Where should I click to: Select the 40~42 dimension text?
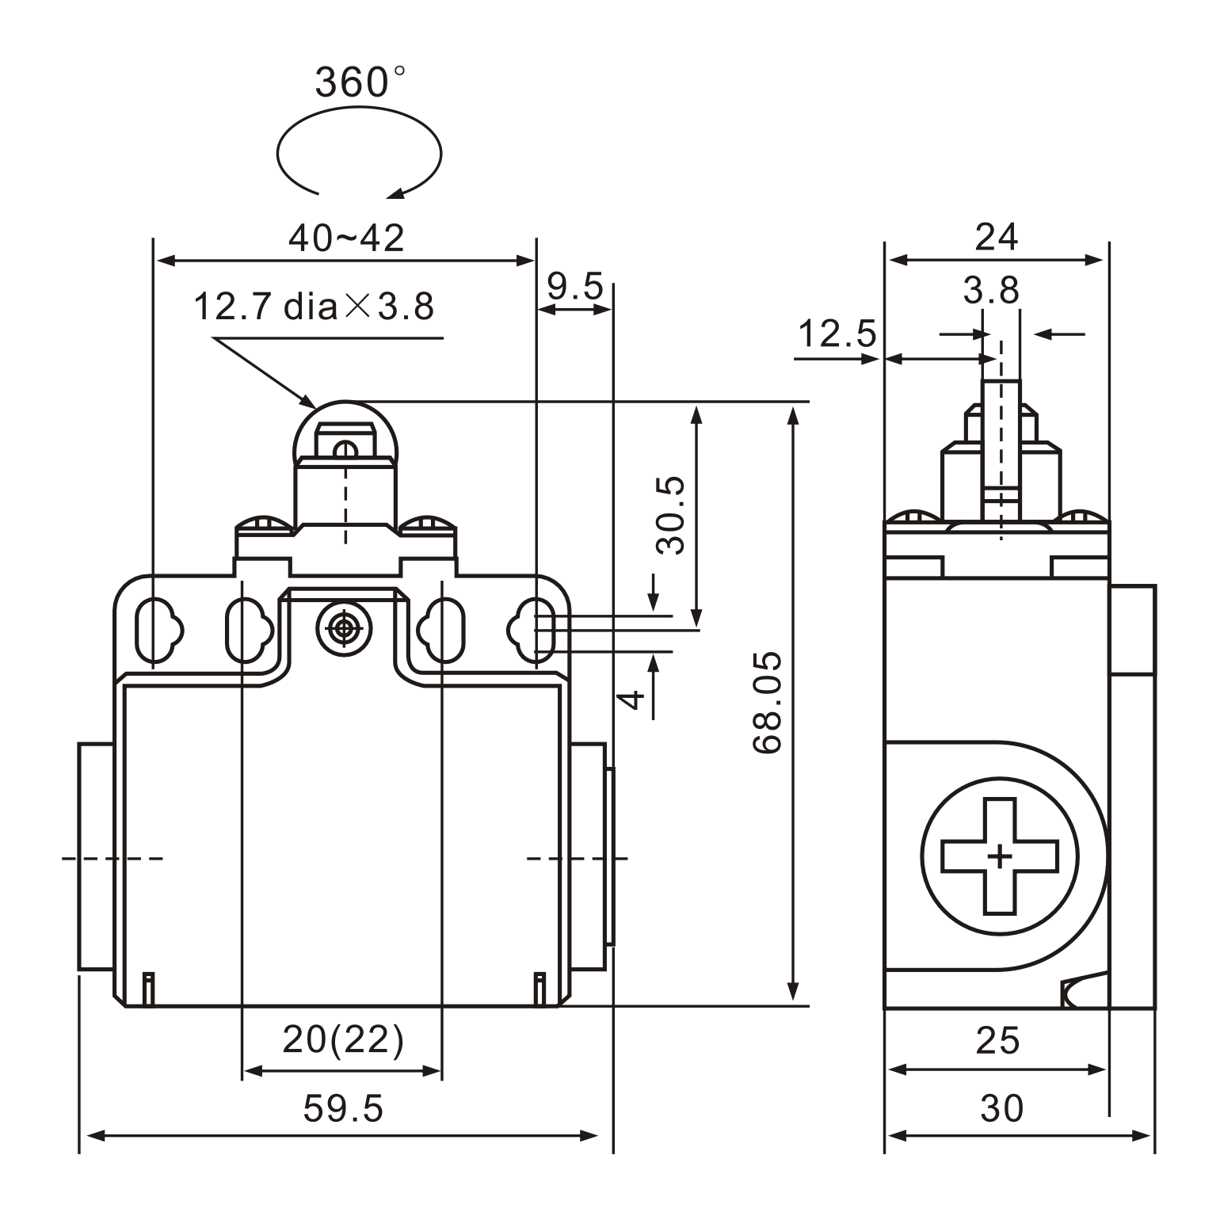pos(346,238)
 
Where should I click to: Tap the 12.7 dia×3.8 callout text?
pos(314,307)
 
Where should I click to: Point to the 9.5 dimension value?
pos(575,287)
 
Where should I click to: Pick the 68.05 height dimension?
pos(768,703)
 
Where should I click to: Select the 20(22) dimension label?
pos(343,1039)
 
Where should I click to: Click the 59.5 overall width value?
pos(343,1108)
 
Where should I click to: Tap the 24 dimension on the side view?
pos(997,237)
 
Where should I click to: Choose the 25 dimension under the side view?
pos(997,1040)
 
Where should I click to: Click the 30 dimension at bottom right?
pos(1001,1108)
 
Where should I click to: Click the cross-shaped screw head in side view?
pos(1000,856)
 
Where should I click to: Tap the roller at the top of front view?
pos(345,432)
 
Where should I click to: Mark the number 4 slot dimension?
pos(631,699)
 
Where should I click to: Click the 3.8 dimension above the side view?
pos(990,291)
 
